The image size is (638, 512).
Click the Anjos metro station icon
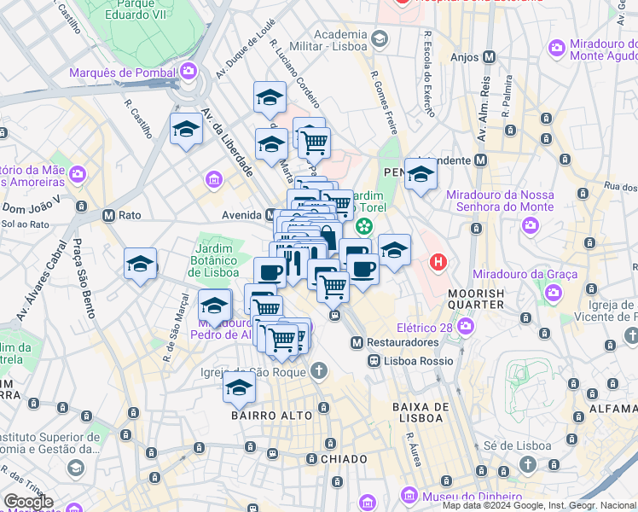(x=489, y=57)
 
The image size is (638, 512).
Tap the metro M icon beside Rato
(x=108, y=215)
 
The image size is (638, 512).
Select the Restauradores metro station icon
(x=357, y=342)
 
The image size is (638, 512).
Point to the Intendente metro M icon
(x=481, y=160)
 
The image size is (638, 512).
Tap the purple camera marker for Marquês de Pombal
(x=188, y=72)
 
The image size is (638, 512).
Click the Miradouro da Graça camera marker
(x=554, y=294)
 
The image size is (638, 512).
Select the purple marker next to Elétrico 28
(x=466, y=325)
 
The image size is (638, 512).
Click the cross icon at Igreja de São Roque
(x=318, y=370)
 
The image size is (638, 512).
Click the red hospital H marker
(x=438, y=261)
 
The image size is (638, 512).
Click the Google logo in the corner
(x=28, y=502)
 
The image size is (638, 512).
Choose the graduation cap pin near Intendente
(x=420, y=175)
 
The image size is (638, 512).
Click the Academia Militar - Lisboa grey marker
(x=380, y=39)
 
